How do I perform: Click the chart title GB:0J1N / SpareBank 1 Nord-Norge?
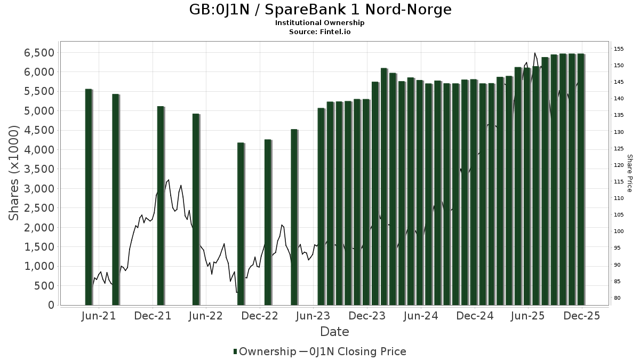pos(320,10)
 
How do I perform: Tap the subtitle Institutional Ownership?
pos(320,23)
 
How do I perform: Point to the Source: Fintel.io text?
pos(320,32)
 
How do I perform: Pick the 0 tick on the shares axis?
pos(51,305)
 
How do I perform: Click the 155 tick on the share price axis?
pos(619,49)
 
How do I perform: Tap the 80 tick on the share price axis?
pos(617,298)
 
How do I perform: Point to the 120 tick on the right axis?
pos(619,165)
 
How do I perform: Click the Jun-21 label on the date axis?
pos(99,316)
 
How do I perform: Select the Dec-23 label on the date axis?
pos(368,316)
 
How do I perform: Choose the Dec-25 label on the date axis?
pos(582,316)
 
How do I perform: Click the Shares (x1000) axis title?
pos(14,173)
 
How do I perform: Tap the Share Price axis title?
pos(629,173)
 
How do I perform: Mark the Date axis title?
pos(334,332)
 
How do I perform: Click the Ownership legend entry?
pos(265,351)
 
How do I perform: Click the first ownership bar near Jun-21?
pos(89,197)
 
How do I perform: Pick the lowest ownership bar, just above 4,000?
pos(241,224)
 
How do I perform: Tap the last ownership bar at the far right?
pos(581,179)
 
